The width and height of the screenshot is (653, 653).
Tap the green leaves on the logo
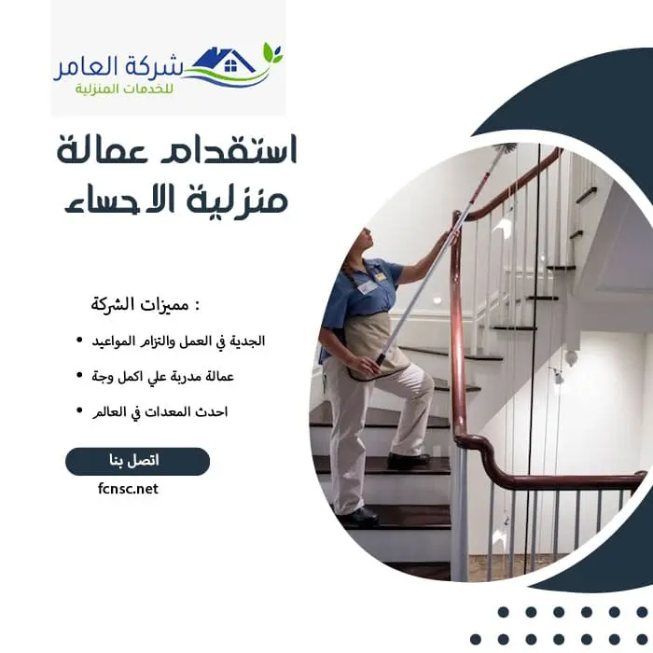pos(271,52)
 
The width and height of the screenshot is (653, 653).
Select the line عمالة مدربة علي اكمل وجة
pos(168,376)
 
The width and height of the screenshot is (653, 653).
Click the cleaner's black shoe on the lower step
pos(358,516)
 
